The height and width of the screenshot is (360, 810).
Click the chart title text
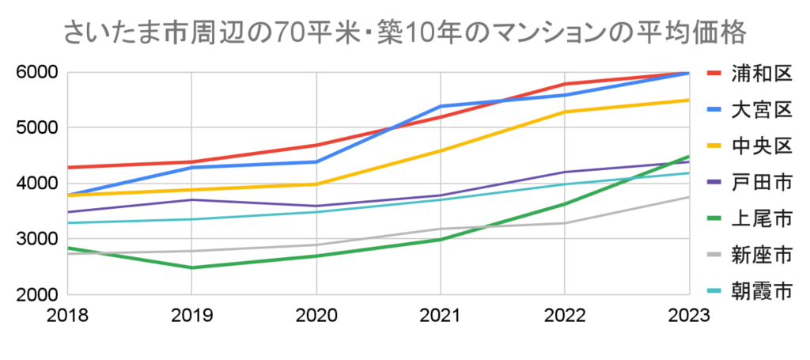(x=403, y=32)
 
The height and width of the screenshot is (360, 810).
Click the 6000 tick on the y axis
(x=37, y=73)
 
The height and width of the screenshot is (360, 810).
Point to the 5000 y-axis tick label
(x=37, y=127)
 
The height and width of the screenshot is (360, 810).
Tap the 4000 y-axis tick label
(x=37, y=183)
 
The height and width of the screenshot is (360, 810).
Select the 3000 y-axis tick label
(x=37, y=239)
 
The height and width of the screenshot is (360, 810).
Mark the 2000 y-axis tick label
(x=37, y=294)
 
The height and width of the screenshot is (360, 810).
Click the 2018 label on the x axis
(x=68, y=314)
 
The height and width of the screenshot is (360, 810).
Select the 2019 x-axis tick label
(x=192, y=314)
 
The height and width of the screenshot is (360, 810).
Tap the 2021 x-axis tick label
(x=441, y=314)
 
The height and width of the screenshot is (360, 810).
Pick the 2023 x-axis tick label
(x=688, y=314)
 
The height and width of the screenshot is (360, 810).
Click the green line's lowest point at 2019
(x=192, y=267)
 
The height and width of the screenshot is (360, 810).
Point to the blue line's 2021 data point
(x=441, y=106)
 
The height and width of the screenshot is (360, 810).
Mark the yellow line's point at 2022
(x=565, y=112)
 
